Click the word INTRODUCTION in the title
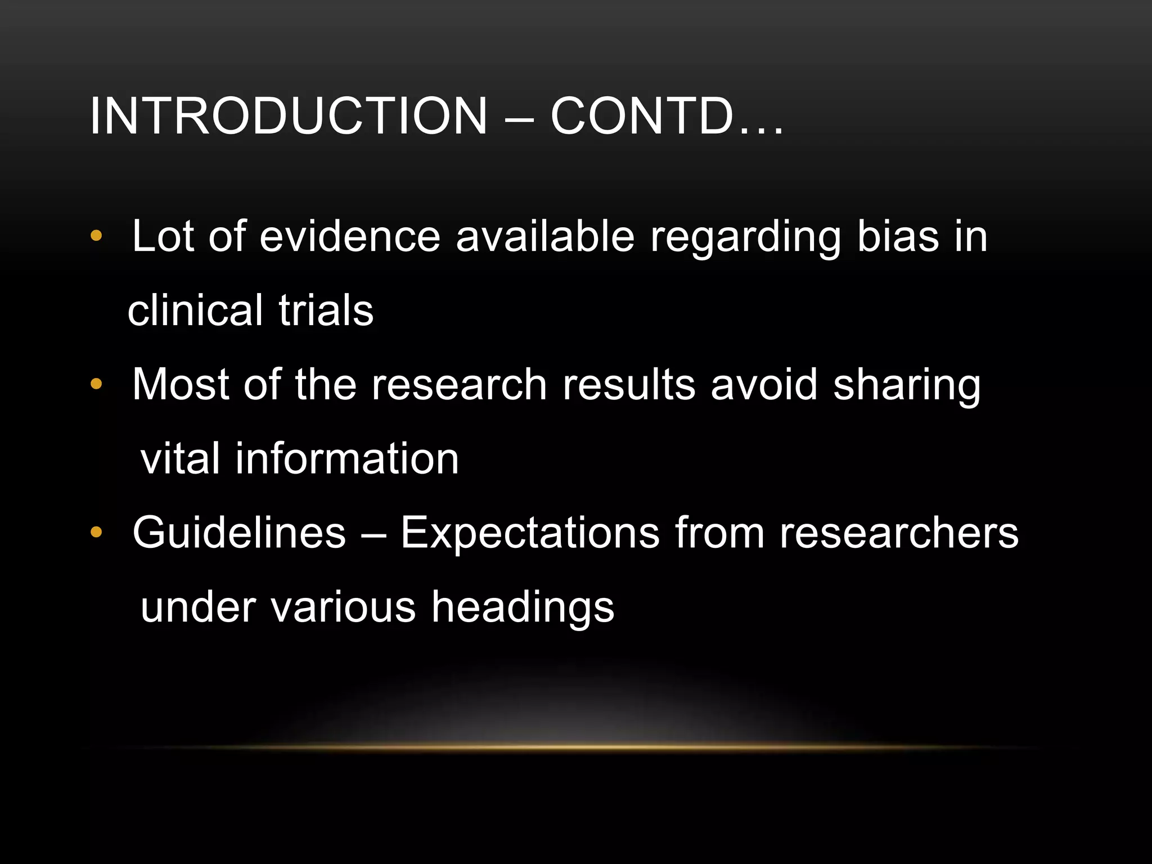click(288, 116)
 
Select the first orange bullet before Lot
click(96, 236)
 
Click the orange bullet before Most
click(96, 384)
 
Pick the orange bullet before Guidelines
click(96, 532)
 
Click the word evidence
click(350, 236)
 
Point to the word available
click(545, 236)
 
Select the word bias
click(898, 236)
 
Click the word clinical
click(195, 310)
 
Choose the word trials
click(326, 310)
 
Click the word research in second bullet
click(459, 385)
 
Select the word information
click(347, 458)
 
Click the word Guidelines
click(239, 533)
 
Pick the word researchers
click(899, 533)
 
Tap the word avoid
click(764, 385)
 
